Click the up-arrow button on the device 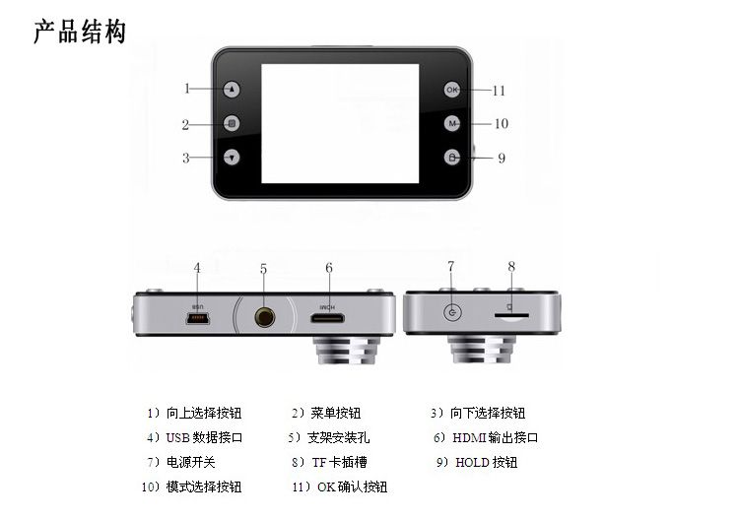coord(232,89)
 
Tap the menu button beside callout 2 coord(232,123)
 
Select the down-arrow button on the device coord(232,158)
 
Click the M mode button coord(452,123)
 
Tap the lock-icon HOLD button coord(452,158)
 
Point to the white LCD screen coord(340,123)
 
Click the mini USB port coord(198,319)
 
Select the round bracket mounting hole coord(264,317)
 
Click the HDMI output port coord(327,318)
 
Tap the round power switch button coord(452,312)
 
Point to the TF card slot coord(511,316)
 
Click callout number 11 coord(499,91)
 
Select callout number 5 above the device coord(263,269)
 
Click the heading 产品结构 coord(80,32)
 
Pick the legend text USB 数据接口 coord(204,437)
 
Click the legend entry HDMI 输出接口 coord(495,437)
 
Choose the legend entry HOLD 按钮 coord(486,462)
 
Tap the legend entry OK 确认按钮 coord(352,487)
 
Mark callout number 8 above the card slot coord(511,267)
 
